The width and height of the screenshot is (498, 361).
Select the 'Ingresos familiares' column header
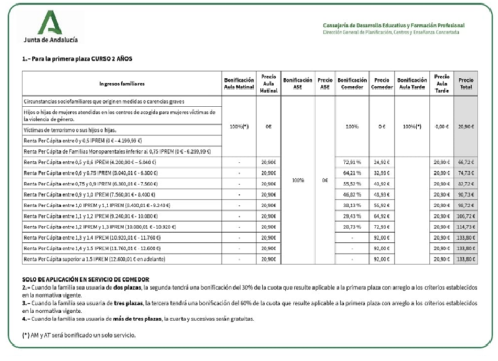tap(122, 83)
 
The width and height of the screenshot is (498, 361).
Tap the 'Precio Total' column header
tap(466, 83)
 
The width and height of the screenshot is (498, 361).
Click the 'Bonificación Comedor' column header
tap(353, 83)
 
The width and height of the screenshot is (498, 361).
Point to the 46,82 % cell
tap(353, 194)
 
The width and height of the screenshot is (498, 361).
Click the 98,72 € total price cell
tap(466, 205)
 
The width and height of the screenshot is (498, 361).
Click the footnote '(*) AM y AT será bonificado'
tap(78, 335)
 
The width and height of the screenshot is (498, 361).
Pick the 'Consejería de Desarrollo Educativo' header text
tap(393, 26)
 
